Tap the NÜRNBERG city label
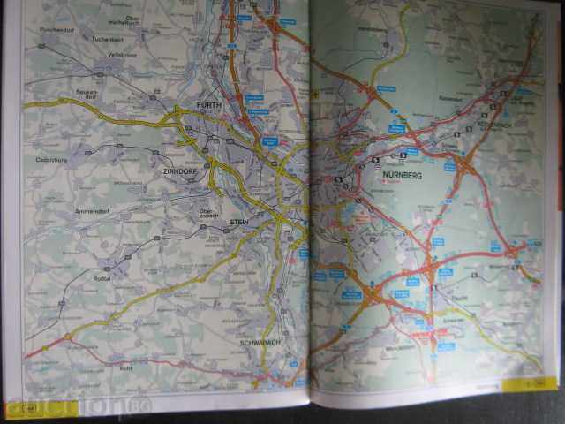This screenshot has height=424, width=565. pos(403,177)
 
